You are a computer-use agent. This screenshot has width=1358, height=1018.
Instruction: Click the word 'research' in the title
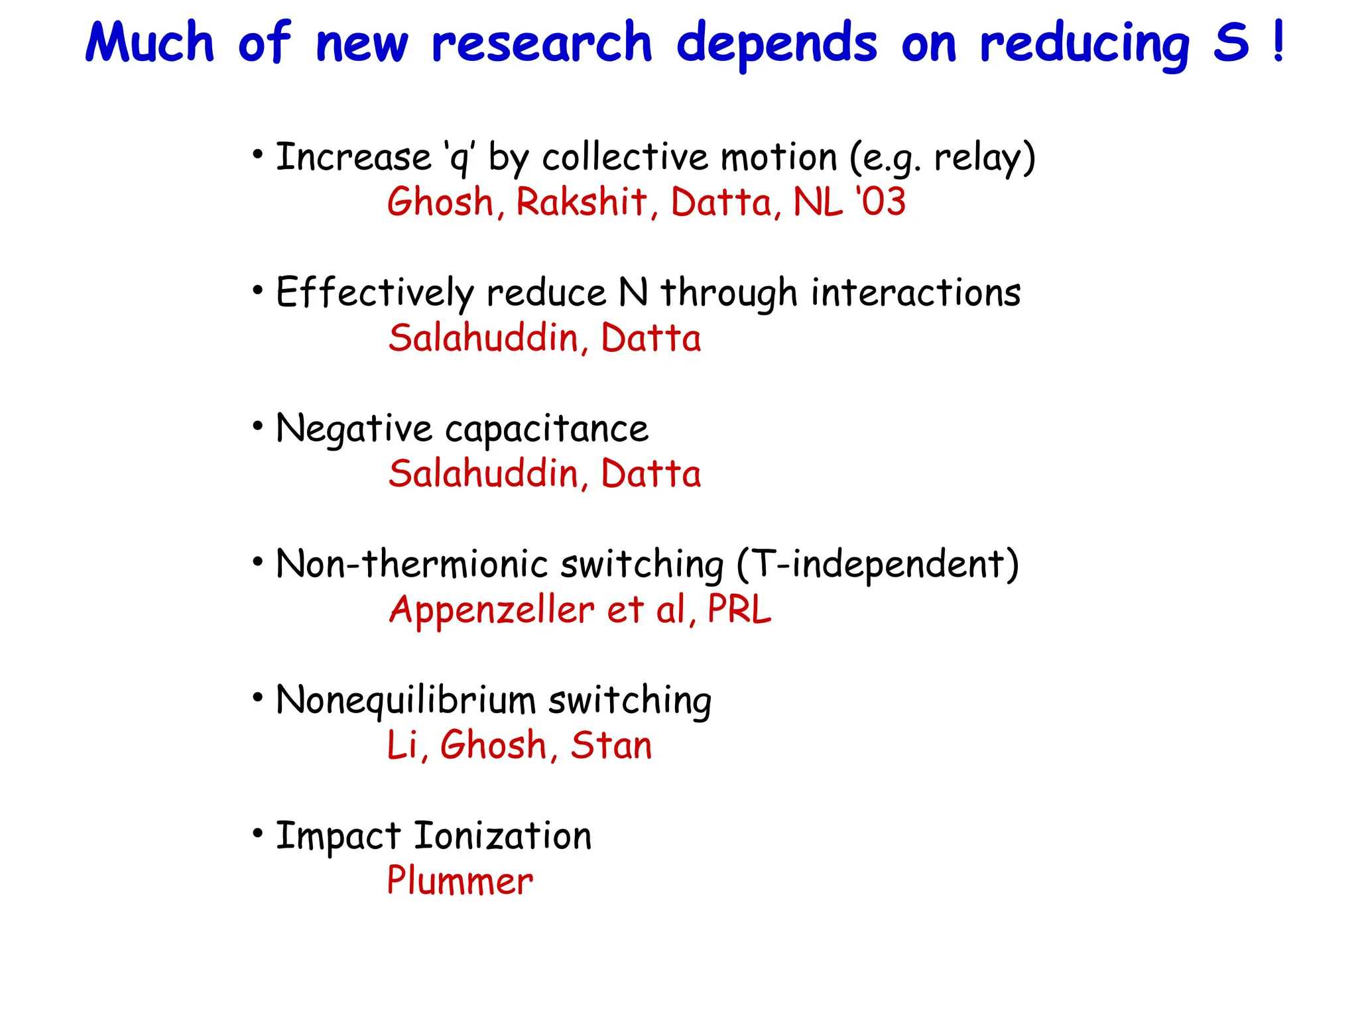542,44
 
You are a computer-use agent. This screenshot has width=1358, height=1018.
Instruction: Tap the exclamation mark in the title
1278,41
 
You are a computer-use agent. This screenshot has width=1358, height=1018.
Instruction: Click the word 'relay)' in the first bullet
985,159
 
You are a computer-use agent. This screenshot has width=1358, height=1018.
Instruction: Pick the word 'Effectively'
375,293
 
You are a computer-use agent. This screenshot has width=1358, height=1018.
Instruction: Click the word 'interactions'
916,293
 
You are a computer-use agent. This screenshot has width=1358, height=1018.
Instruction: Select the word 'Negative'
354,429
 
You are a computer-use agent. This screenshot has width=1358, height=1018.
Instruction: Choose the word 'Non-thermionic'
412,565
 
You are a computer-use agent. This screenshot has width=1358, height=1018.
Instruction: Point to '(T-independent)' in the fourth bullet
878,565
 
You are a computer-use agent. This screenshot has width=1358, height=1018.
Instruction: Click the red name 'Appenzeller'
491,610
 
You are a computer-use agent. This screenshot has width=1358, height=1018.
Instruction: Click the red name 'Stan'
611,746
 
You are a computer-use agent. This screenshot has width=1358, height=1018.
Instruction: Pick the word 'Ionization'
503,836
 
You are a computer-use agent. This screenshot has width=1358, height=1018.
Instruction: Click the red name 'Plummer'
460,881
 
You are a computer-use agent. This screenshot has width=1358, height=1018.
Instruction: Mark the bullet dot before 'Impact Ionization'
258,833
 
